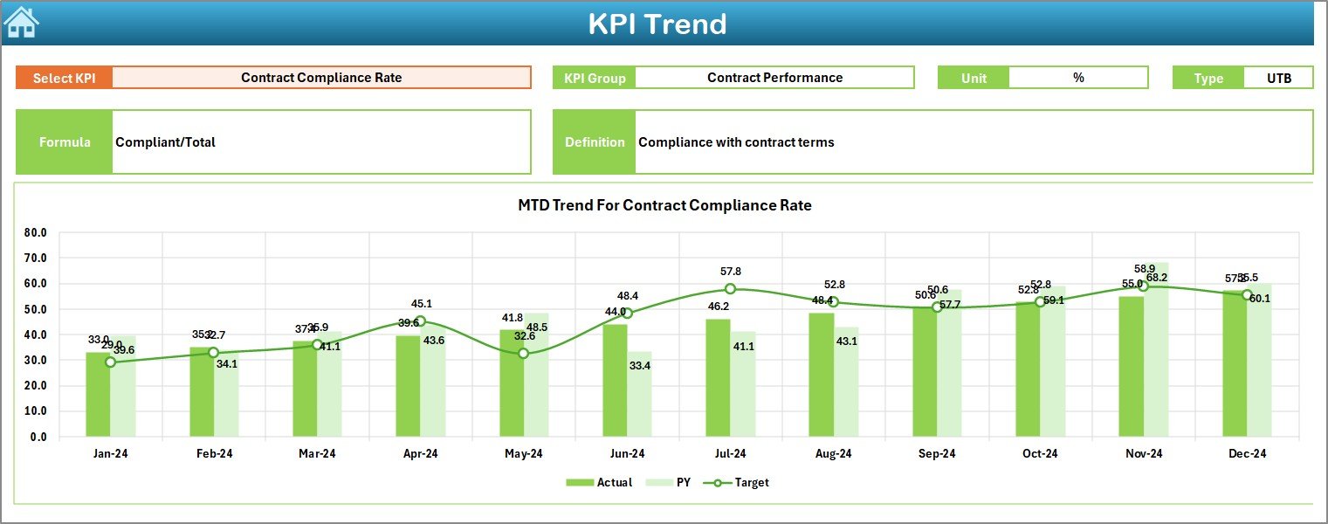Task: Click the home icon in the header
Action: (x=21, y=22)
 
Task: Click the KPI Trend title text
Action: (x=657, y=24)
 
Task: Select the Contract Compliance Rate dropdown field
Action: (x=321, y=78)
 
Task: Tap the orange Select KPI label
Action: (x=64, y=78)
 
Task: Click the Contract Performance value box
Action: (x=774, y=78)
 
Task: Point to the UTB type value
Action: (x=1279, y=78)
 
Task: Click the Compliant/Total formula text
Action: (x=166, y=142)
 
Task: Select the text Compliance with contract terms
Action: (x=736, y=142)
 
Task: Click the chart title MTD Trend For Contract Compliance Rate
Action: (x=664, y=206)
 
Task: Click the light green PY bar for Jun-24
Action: (x=639, y=397)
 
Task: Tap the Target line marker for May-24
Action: (x=523, y=354)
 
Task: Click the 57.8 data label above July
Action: (x=730, y=272)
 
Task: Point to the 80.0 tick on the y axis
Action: (x=36, y=233)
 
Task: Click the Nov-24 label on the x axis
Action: (x=1144, y=454)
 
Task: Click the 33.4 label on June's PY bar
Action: (x=640, y=366)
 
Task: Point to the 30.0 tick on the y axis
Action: (x=36, y=360)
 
